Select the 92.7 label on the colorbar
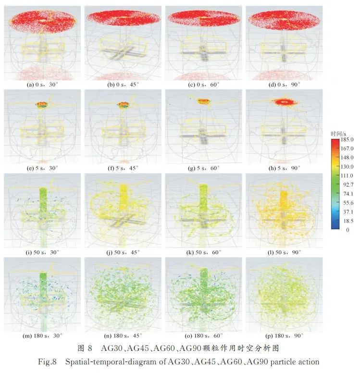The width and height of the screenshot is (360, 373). (347, 184)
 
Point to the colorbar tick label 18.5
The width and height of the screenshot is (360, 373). (347, 221)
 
